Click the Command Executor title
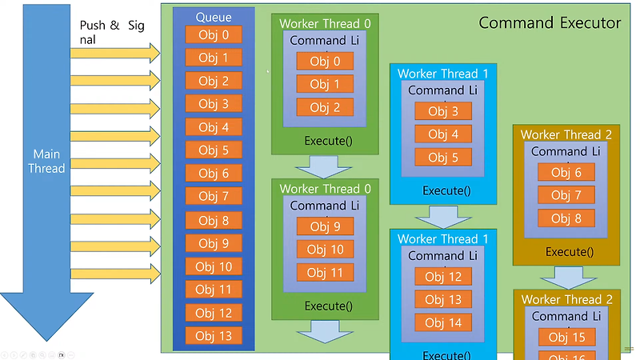point(550,22)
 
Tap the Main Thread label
point(49,161)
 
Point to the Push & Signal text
point(112,32)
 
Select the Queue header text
point(214,18)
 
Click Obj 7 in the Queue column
point(214,197)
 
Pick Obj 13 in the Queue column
point(214,336)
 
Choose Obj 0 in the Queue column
point(214,35)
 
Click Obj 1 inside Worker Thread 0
point(325,84)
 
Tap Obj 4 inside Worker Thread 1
point(443,134)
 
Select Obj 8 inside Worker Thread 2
point(566,218)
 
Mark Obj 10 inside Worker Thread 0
point(325,250)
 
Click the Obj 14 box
point(443,323)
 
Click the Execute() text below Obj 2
point(328,141)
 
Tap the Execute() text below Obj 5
point(446,190)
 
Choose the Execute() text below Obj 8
point(569,252)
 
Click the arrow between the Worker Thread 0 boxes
point(324,166)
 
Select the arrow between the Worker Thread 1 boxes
point(443,217)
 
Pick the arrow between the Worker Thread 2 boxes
point(566,278)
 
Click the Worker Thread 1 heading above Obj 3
point(449,74)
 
